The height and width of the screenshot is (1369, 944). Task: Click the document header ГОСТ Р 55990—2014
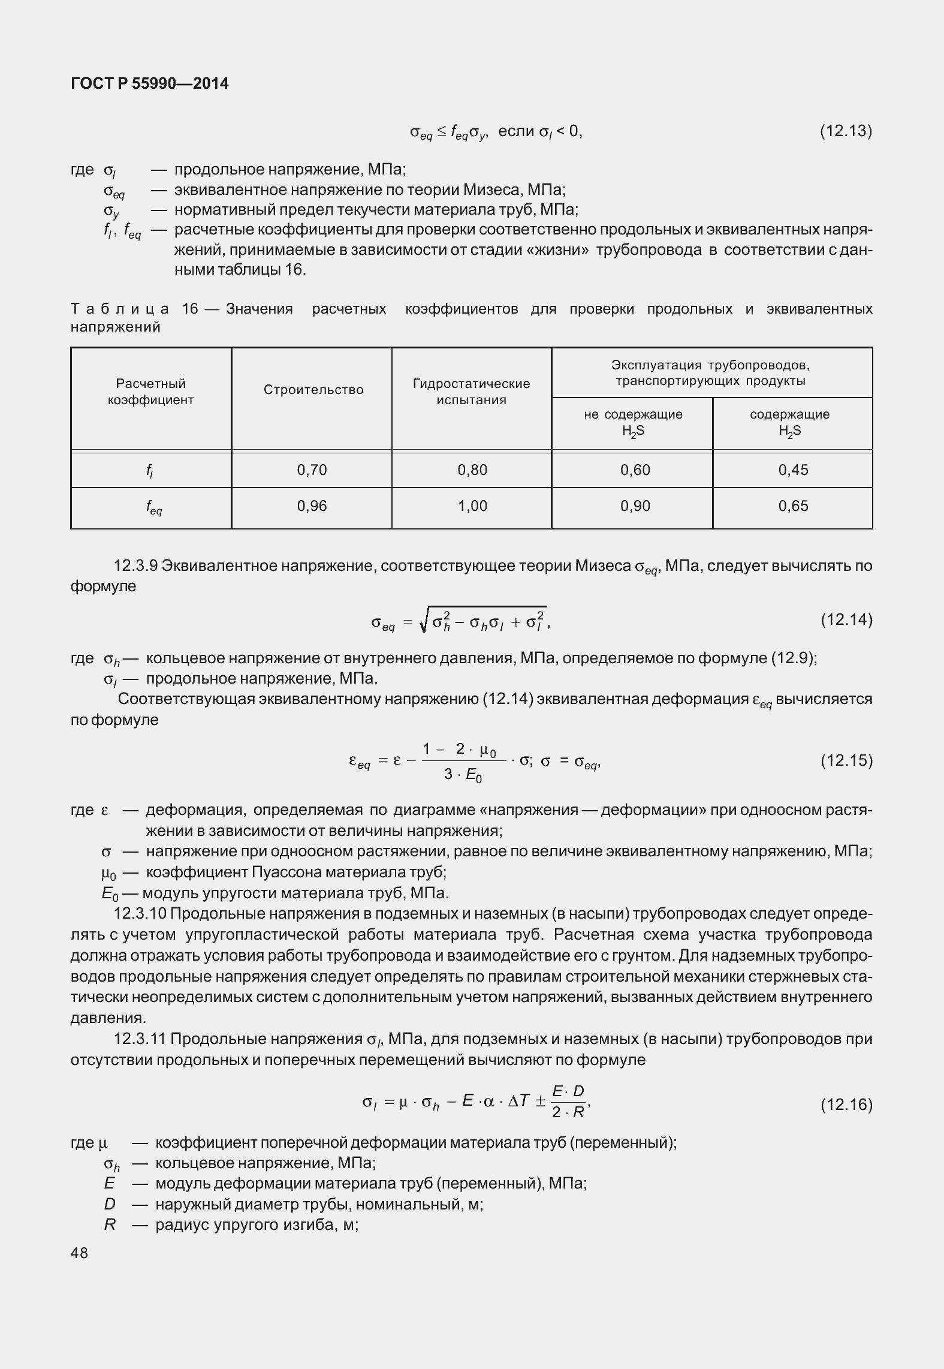pyautogui.click(x=149, y=83)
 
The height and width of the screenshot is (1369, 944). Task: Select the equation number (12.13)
pyautogui.click(x=845, y=131)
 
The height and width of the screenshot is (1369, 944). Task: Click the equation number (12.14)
pyautogui.click(x=845, y=619)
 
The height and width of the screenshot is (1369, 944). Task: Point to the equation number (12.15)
pyautogui.click(x=845, y=760)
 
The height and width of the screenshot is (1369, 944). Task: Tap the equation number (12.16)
pyautogui.click(x=845, y=1104)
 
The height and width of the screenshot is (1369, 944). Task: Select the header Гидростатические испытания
pyautogui.click(x=471, y=392)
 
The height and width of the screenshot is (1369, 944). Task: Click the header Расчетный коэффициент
pyautogui.click(x=151, y=392)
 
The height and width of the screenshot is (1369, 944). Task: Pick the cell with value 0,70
pyautogui.click(x=312, y=470)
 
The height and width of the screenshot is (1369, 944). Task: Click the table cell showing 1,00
pyautogui.click(x=472, y=506)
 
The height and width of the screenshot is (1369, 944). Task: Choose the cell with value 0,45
pyautogui.click(x=793, y=470)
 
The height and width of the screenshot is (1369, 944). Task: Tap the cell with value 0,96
pyautogui.click(x=312, y=506)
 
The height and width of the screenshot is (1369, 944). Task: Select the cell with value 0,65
pyautogui.click(x=793, y=506)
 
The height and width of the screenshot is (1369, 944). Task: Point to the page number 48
pyautogui.click(x=79, y=1253)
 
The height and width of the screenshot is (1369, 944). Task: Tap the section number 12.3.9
pyautogui.click(x=136, y=565)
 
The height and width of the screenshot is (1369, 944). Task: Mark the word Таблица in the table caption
pyautogui.click(x=120, y=309)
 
